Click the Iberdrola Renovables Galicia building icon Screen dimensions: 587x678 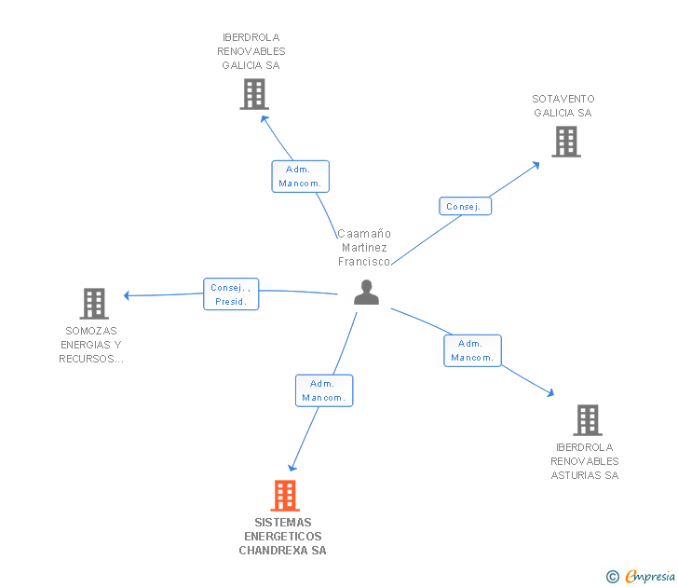[253, 94]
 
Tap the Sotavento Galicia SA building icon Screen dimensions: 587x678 [565, 142]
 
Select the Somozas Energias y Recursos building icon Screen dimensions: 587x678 [93, 304]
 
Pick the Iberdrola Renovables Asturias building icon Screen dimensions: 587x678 [587, 420]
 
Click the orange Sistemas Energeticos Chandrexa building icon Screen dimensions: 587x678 [285, 496]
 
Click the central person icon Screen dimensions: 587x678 [367, 293]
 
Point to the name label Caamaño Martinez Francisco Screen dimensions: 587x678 [364, 248]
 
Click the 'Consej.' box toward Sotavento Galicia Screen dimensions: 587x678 [465, 206]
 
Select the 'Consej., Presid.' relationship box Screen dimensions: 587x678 [231, 294]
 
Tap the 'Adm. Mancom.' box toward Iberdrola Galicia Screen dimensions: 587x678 [300, 176]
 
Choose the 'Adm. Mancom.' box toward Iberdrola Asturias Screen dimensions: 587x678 [473, 350]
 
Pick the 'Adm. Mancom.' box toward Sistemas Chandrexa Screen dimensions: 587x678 [324, 390]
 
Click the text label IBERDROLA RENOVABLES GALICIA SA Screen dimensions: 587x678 [251, 51]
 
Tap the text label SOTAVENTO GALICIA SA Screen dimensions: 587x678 [563, 105]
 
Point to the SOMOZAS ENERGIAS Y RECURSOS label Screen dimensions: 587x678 [92, 345]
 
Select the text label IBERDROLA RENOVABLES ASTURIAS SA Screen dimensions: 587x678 [585, 461]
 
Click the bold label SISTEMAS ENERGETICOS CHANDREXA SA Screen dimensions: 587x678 [283, 537]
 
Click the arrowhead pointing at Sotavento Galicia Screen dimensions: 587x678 [536, 165]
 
